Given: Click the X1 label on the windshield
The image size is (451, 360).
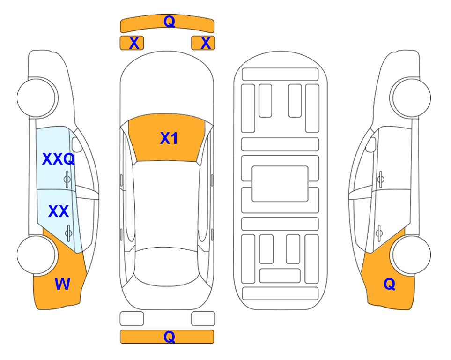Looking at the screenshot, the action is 169,138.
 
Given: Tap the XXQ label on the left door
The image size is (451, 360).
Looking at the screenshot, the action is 59,159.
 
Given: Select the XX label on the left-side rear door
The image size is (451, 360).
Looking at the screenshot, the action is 59,211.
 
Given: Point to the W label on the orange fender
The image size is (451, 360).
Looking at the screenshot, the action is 62,284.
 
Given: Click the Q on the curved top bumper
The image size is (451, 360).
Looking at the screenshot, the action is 170,21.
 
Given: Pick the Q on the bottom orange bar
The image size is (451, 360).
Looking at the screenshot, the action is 170,337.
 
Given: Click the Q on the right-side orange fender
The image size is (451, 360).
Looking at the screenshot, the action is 390,284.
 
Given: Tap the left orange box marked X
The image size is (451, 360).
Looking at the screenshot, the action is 132,43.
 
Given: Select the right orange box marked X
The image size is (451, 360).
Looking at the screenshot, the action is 203,43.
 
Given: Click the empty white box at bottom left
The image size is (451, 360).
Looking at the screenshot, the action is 132,319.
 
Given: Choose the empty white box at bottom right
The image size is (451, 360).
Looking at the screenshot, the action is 203,319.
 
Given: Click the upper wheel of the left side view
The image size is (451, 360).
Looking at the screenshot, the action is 37,97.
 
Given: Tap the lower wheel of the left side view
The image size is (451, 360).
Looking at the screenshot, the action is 37,255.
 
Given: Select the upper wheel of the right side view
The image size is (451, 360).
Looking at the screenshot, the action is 410,97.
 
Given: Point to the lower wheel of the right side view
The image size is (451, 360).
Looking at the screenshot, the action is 411,255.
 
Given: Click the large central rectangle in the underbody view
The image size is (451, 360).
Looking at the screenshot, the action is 280,184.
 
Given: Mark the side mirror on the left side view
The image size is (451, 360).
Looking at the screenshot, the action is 76,144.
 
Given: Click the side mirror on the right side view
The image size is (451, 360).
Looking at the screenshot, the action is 370,144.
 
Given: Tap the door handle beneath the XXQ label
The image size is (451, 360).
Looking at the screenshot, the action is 67,179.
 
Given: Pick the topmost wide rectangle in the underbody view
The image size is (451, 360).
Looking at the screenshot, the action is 280,75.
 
